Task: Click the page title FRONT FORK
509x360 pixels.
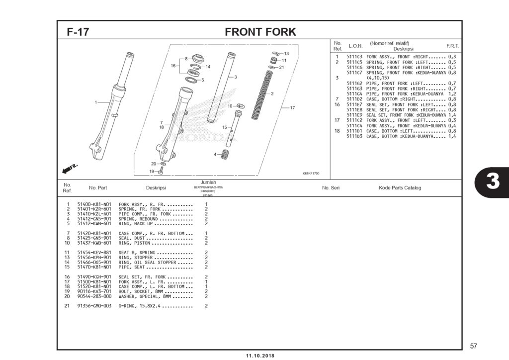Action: (260, 32)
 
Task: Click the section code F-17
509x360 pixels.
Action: (78, 32)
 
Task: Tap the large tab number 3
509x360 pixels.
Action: (492, 182)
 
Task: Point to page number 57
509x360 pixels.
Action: (473, 346)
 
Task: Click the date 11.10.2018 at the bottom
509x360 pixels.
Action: (260, 356)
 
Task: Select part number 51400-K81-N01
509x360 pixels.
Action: (94, 204)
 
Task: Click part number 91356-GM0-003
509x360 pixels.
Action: (94, 306)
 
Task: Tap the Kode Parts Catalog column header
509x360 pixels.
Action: (400, 188)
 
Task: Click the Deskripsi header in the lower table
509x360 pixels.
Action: (156, 188)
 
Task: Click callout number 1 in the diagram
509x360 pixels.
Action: (95, 102)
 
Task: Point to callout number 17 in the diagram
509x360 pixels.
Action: (292, 107)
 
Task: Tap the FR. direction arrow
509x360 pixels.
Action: (70, 169)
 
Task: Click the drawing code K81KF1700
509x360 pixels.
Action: (311, 174)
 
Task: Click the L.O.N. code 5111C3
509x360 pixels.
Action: (354, 57)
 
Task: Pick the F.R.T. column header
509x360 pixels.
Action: (452, 46)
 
